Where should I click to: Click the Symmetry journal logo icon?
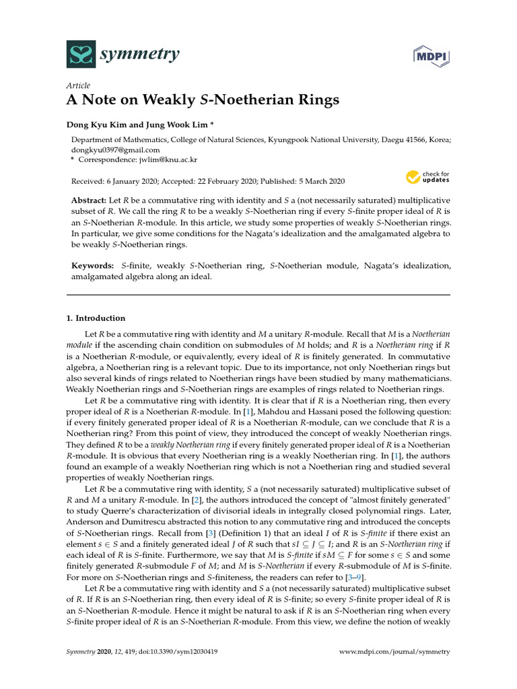point(80,54)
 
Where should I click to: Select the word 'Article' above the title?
point(79,85)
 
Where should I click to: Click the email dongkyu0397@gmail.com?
point(116,150)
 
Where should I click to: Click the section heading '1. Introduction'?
point(96,318)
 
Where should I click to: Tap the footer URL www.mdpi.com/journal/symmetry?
point(394,652)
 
